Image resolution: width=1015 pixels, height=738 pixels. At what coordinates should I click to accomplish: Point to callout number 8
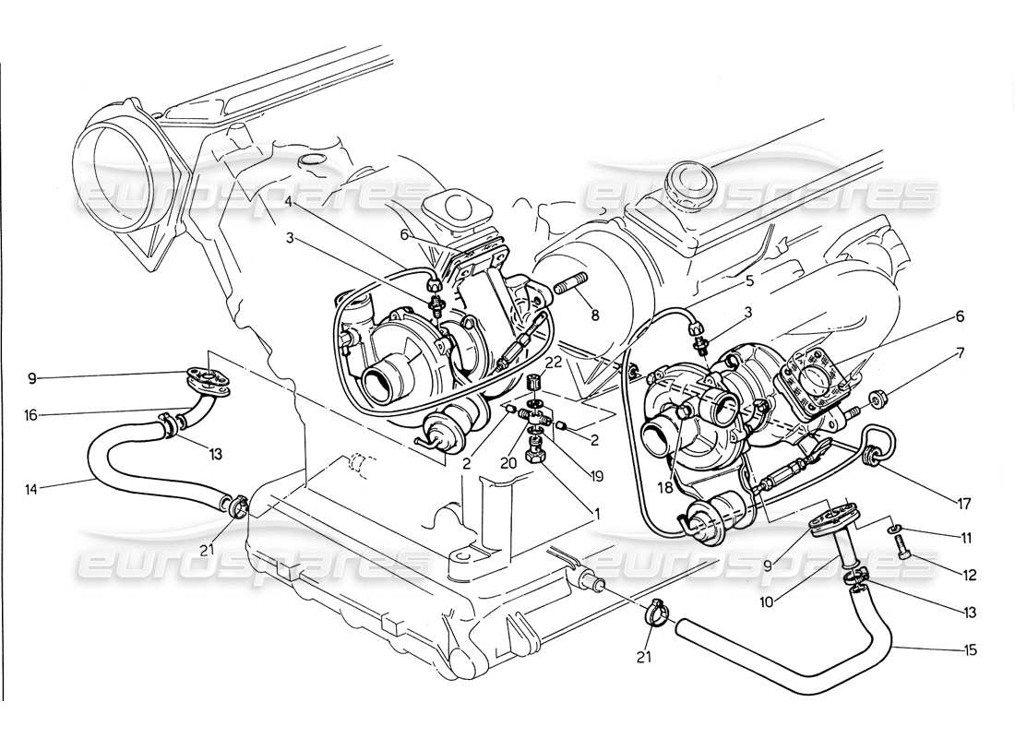point(595,315)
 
